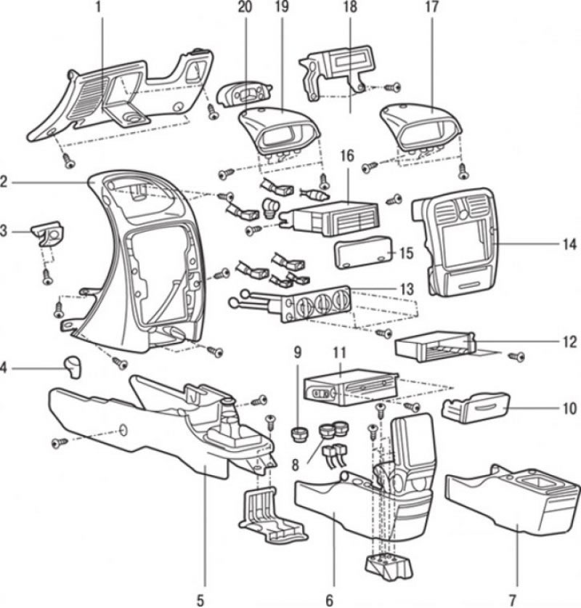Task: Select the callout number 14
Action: [x=570, y=245]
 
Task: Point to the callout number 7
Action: [x=513, y=600]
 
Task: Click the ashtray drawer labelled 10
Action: [x=476, y=410]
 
